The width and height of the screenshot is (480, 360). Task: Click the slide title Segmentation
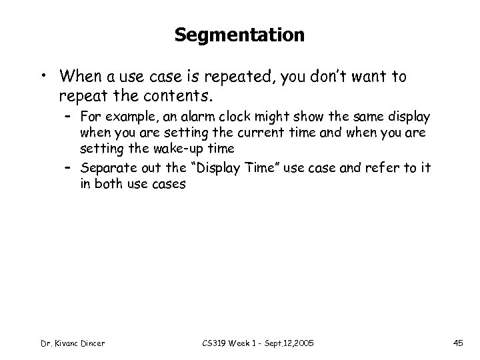point(240,35)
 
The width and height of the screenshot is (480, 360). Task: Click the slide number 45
point(457,343)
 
